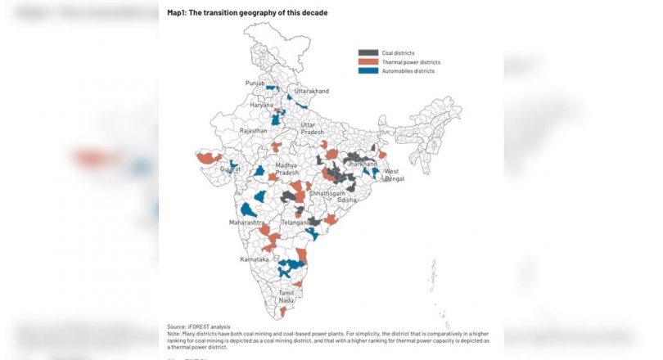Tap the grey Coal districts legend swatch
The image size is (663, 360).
pyautogui.click(x=368, y=52)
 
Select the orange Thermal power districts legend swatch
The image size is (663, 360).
pyautogui.click(x=368, y=62)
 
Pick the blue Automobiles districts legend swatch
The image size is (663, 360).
pyautogui.click(x=368, y=71)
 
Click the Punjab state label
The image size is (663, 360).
pyautogui.click(x=255, y=83)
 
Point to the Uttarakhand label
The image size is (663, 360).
pyautogui.click(x=311, y=91)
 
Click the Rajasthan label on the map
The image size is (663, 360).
pyautogui.click(x=253, y=131)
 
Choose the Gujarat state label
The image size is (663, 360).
pyautogui.click(x=230, y=169)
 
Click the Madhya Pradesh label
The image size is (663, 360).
pyautogui.click(x=287, y=169)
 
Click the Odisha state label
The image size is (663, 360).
pyautogui.click(x=346, y=200)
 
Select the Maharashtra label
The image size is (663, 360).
pyautogui.click(x=246, y=223)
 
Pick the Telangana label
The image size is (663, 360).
pyautogui.click(x=295, y=222)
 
